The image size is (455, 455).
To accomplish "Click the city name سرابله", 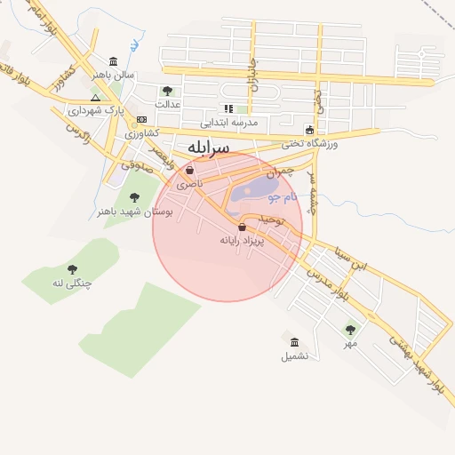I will (208, 146).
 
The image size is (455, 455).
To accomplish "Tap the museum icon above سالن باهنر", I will (114, 61).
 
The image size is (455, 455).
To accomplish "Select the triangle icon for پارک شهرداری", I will (96, 98).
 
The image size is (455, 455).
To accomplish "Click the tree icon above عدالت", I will (167, 90).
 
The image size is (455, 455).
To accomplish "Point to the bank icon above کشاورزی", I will (141, 119).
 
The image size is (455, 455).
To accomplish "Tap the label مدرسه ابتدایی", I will (228, 122).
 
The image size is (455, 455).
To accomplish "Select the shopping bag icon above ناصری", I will (189, 170).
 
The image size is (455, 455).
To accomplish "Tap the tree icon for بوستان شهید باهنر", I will (134, 197).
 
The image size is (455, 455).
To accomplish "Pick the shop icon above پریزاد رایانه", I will (242, 227).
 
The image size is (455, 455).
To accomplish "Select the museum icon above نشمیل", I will (294, 342).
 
